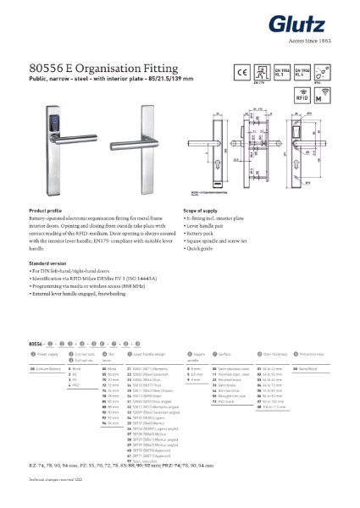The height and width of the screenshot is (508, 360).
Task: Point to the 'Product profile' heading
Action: coord(47,210)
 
